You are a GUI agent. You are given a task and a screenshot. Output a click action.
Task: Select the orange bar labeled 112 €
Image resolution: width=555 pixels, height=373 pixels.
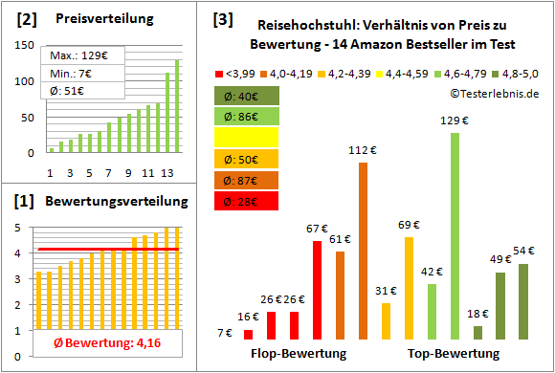pyautogui.click(x=363, y=251)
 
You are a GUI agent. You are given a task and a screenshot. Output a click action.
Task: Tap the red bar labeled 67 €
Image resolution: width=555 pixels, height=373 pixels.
pyautogui.click(x=317, y=290)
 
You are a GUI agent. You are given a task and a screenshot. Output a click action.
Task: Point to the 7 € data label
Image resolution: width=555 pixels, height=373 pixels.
pyautogui.click(x=224, y=333)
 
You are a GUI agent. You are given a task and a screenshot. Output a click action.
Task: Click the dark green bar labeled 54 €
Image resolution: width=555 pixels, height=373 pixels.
pyautogui.click(x=523, y=301)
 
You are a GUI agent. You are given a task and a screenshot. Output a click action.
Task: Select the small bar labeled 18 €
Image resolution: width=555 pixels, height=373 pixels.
pyautogui.click(x=477, y=332)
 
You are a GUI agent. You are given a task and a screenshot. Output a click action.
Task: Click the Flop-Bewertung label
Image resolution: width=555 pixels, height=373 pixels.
pyautogui.click(x=298, y=354)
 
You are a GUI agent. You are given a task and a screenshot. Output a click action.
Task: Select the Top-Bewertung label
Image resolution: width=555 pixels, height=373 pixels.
pyautogui.click(x=454, y=354)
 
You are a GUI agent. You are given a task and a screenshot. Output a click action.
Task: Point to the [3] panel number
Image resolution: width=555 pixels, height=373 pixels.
pyautogui.click(x=223, y=18)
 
